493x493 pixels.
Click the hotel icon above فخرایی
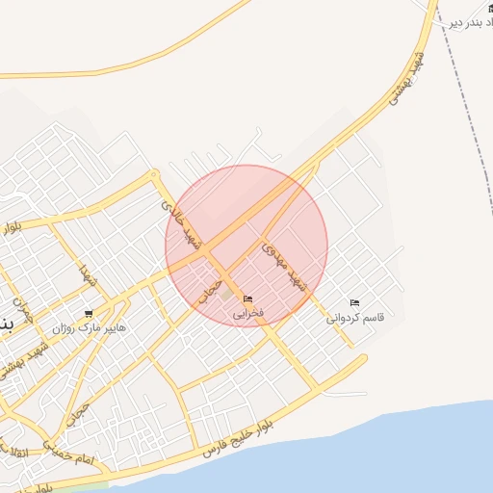[x=248, y=299]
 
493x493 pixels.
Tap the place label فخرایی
[x=248, y=314]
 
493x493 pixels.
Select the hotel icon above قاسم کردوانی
[x=355, y=302]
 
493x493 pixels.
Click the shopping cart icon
[x=89, y=313]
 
